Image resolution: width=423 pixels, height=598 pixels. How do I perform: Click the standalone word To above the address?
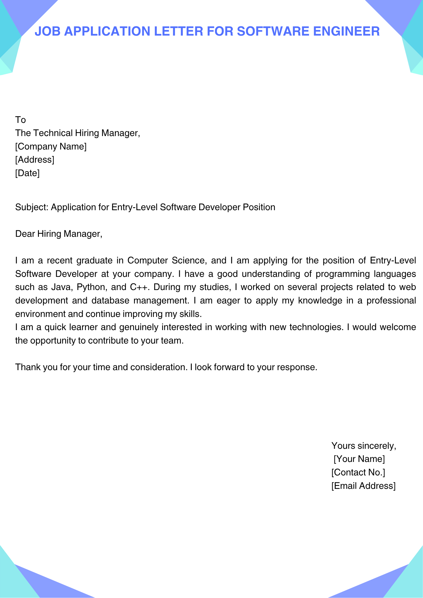[20, 120]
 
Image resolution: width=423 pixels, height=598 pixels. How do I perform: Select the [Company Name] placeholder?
[51, 147]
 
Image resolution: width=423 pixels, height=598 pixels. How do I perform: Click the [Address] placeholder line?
[35, 160]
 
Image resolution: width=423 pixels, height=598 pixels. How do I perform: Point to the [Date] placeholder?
[27, 173]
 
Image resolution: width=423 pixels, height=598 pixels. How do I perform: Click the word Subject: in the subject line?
[32, 207]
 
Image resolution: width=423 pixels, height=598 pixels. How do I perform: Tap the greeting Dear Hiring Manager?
[59, 234]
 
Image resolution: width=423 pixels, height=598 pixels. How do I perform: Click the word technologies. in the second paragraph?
[317, 327]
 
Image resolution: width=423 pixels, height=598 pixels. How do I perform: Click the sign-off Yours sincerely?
[364, 446]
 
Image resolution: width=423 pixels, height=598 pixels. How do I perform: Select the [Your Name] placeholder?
[359, 459]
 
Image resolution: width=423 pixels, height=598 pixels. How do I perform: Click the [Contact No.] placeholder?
[358, 472]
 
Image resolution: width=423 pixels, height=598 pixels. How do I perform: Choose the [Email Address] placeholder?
[363, 486]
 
